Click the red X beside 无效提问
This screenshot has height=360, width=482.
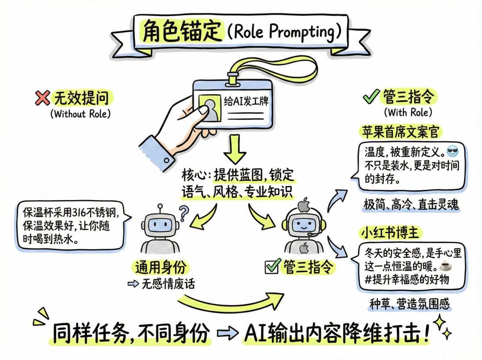[42, 98]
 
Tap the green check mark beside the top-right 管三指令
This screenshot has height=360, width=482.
[370, 96]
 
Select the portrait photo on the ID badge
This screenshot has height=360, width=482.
[208, 108]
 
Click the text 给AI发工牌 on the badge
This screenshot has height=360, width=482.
[245, 100]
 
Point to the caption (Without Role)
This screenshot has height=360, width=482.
[80, 113]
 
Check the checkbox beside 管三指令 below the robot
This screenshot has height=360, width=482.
[272, 267]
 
